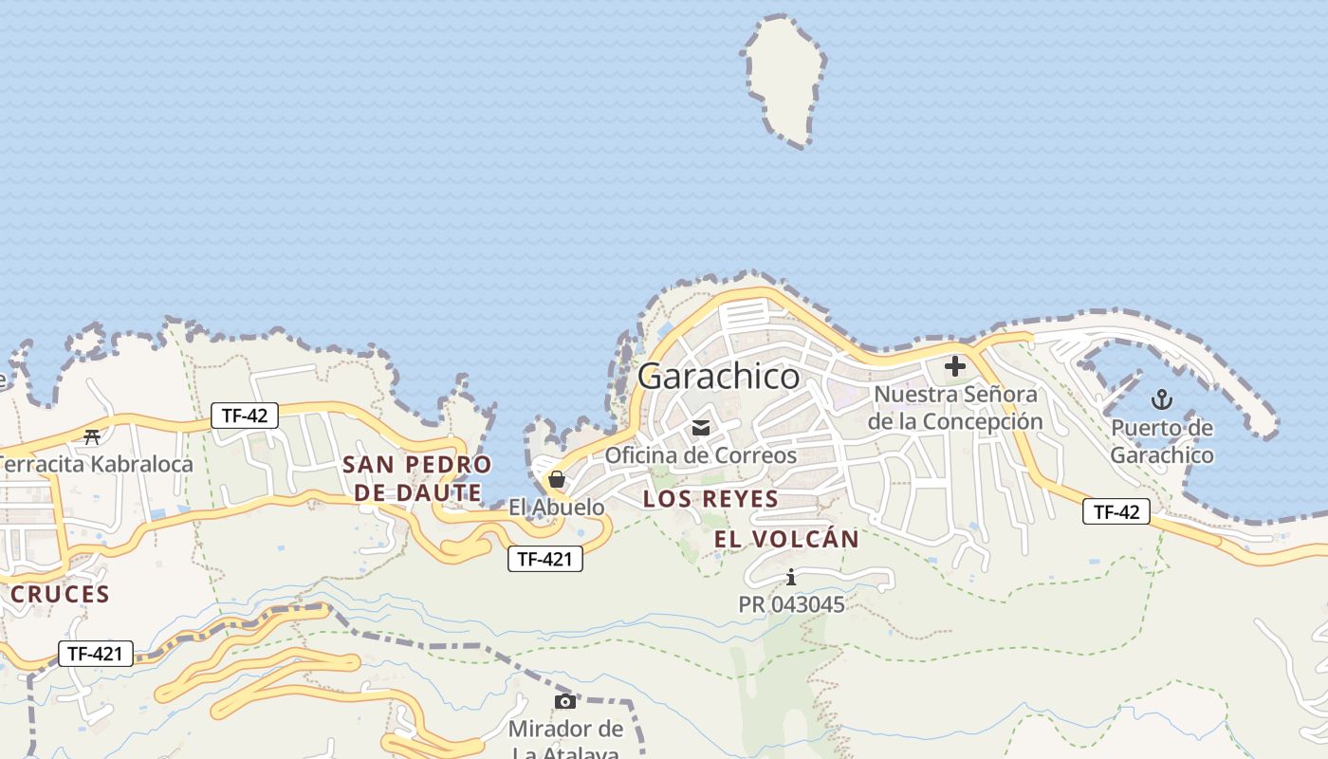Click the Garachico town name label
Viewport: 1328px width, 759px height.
[718, 377]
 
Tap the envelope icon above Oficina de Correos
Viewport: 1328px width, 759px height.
[701, 428]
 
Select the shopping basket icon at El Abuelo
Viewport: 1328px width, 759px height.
[557, 480]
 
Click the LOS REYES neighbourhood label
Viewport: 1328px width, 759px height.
[710, 499]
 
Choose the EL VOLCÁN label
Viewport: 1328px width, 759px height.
[786, 540]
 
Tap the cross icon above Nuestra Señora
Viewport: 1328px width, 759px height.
[954, 366]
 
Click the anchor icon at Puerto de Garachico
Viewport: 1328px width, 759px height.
[1161, 399]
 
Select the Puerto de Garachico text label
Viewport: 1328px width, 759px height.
[1162, 442]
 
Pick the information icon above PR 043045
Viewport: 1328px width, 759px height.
[791, 577]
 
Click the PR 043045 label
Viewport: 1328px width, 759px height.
[791, 604]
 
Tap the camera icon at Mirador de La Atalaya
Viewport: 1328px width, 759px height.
[565, 701]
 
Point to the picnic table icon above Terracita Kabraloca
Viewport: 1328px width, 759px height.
[92, 437]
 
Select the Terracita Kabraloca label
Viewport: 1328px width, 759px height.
[96, 464]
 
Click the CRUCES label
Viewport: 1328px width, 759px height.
[61, 595]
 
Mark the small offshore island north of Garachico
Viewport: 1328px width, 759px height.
[785, 81]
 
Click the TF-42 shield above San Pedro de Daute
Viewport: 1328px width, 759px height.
[244, 415]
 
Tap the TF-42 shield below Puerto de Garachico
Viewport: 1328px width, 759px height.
[1116, 511]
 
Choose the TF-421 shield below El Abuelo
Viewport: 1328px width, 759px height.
[544, 559]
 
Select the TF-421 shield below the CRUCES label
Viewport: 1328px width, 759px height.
[96, 653]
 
